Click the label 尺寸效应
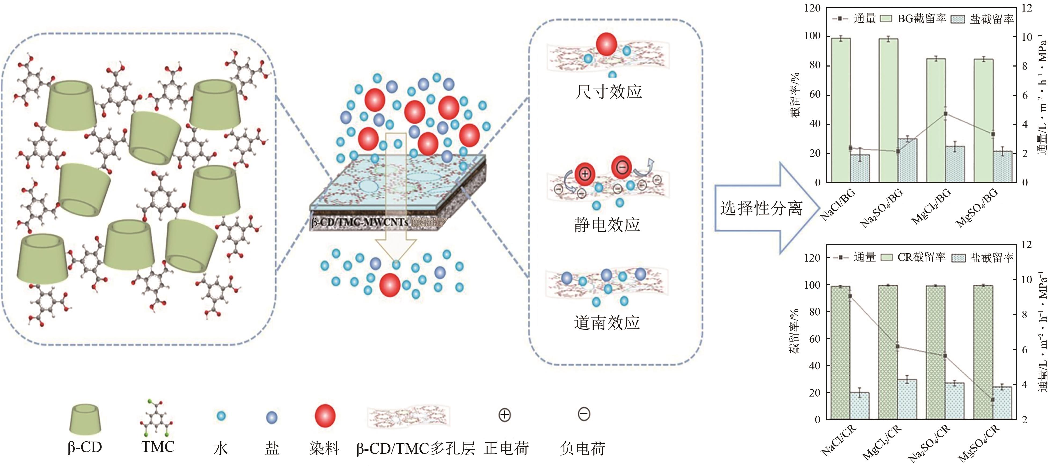coord(608,92)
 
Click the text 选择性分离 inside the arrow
coord(761,208)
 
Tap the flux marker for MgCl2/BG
coord(945,114)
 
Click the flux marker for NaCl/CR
coord(850,296)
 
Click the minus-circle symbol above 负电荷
coord(584,414)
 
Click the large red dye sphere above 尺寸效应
coord(606,44)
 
